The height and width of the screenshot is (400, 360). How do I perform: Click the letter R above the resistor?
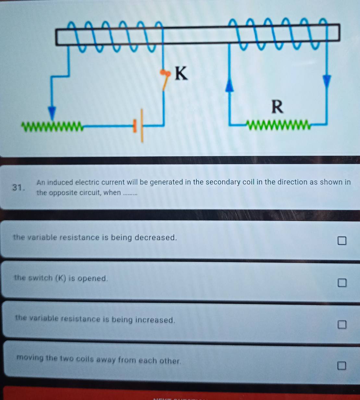tap(277, 107)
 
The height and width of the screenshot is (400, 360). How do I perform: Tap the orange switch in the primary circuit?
tap(166, 79)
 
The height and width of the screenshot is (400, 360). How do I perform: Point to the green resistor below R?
tap(279, 125)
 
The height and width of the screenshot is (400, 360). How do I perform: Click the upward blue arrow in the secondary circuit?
tap(230, 86)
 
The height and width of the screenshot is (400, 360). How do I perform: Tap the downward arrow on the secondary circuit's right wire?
tap(327, 81)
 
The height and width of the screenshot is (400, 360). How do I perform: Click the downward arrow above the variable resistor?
tap(52, 113)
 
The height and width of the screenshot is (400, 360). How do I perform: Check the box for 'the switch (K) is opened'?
tap(341, 283)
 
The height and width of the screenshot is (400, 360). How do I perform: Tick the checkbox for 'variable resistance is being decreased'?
tap(341, 241)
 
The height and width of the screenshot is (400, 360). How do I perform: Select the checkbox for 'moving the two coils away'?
tap(341, 366)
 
